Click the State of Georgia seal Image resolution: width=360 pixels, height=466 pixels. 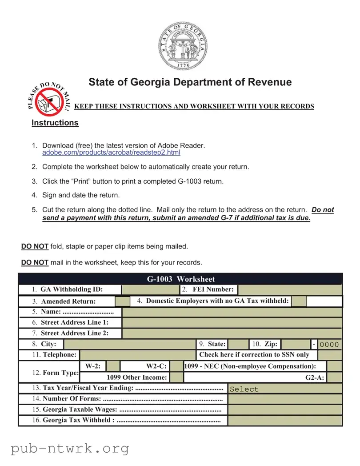pos(183,46)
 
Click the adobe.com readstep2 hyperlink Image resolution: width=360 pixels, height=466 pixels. pos(111,153)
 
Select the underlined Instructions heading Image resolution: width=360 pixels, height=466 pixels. pos(55,123)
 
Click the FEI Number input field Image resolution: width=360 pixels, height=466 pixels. pos(290,289)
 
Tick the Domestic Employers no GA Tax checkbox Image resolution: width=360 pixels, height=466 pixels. pos(299,301)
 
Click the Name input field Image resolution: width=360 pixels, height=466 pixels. pos(232,312)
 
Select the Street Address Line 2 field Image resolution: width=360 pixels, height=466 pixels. pos(232,333)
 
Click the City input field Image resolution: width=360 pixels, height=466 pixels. pos(129,344)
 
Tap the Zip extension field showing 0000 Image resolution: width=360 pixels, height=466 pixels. pos(330,344)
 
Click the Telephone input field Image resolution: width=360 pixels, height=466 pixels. pos(137,355)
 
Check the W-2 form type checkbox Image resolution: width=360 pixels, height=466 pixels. pos(113,366)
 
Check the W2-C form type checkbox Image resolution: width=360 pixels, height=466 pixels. pos(177,366)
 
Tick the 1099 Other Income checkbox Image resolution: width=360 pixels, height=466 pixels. pos(177,377)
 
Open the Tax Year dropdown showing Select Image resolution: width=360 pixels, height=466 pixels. pos(284,389)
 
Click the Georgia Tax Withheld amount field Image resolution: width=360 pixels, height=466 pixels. pos(284,420)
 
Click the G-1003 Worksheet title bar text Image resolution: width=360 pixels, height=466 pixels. pos(180,279)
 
